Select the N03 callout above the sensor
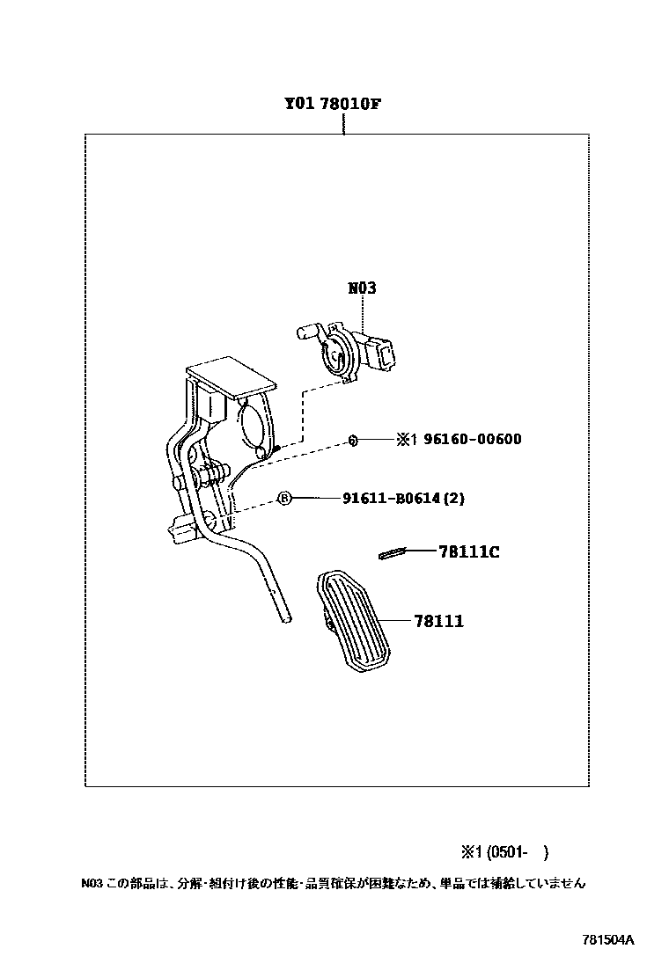360,288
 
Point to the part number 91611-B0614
392,498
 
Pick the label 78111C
469,551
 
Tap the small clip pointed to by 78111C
391,552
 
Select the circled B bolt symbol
284,498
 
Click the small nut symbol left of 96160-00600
350,439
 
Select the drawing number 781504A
607,939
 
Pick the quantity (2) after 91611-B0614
453,498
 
